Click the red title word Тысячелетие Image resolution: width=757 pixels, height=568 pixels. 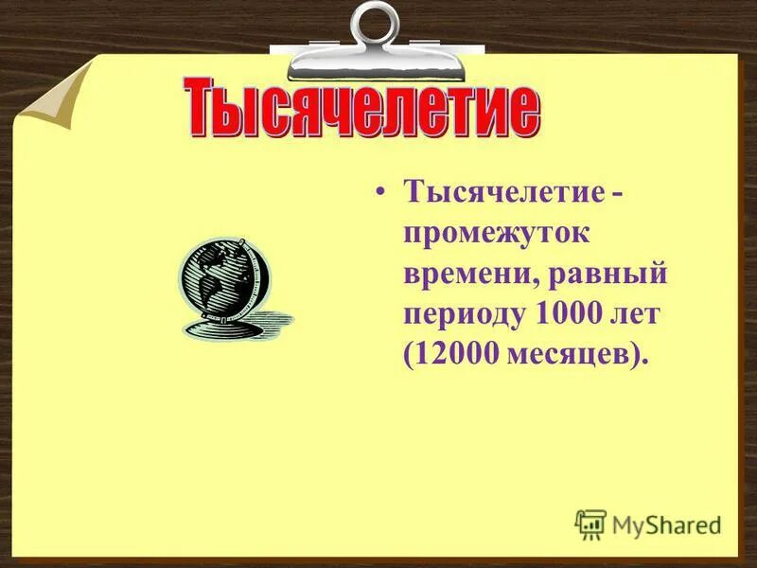coord(361,112)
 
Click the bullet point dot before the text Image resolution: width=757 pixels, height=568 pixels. coord(380,193)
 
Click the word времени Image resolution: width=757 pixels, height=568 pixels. coord(461,275)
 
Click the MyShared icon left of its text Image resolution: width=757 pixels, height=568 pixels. coord(590,524)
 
